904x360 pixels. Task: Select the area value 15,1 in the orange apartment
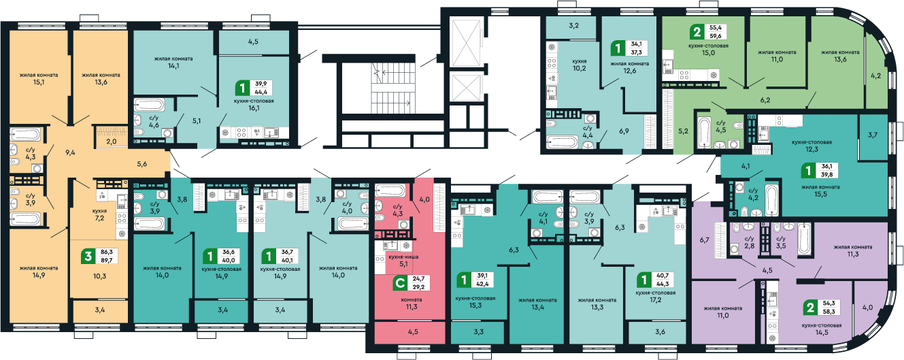[39, 84]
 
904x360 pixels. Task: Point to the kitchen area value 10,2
[579, 69]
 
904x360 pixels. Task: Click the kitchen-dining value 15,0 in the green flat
[708, 52]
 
